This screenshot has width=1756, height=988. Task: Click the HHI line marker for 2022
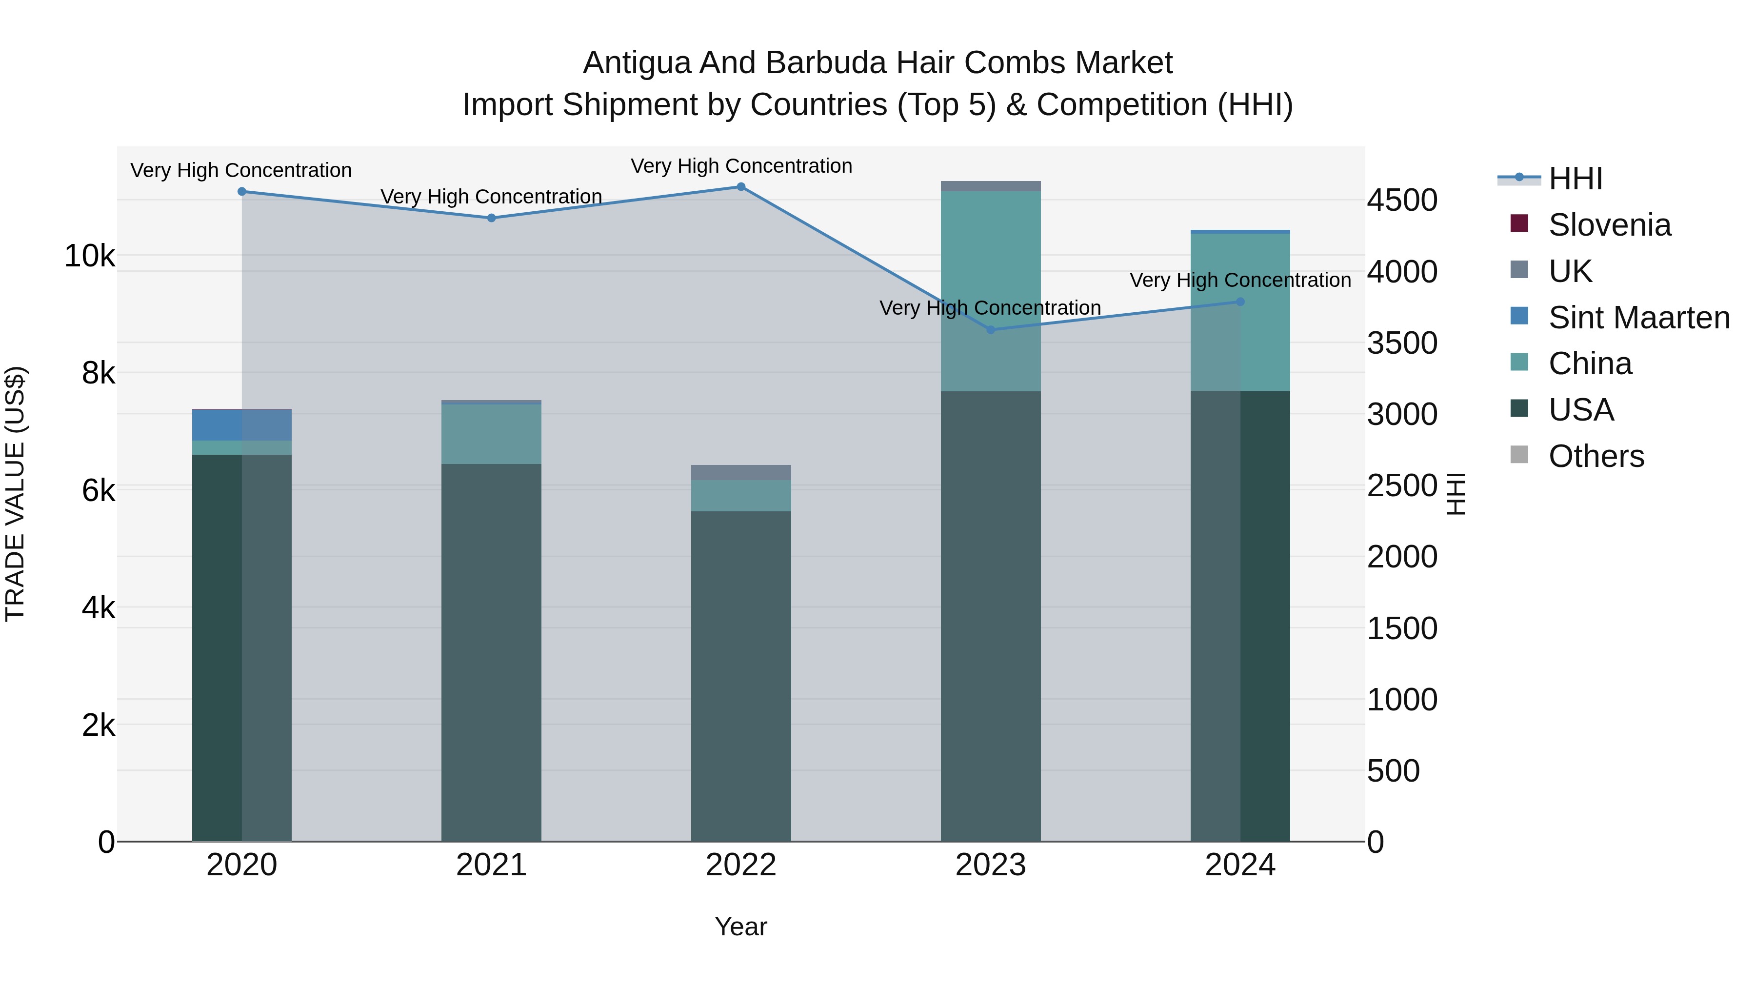coord(741,187)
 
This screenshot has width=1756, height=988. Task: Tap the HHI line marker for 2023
coord(991,330)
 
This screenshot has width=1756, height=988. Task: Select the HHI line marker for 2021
coord(492,218)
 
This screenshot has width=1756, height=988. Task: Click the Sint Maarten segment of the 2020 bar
coord(241,425)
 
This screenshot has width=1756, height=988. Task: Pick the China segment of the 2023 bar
coord(991,291)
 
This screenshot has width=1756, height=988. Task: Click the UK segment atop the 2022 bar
coord(741,472)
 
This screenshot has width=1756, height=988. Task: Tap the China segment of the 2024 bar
coord(1240,312)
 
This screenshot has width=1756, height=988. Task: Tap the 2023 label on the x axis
coord(991,865)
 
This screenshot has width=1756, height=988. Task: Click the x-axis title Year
coord(741,927)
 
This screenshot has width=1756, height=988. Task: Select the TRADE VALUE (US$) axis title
coord(15,494)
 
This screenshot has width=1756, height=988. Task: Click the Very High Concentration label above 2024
coord(1240,280)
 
